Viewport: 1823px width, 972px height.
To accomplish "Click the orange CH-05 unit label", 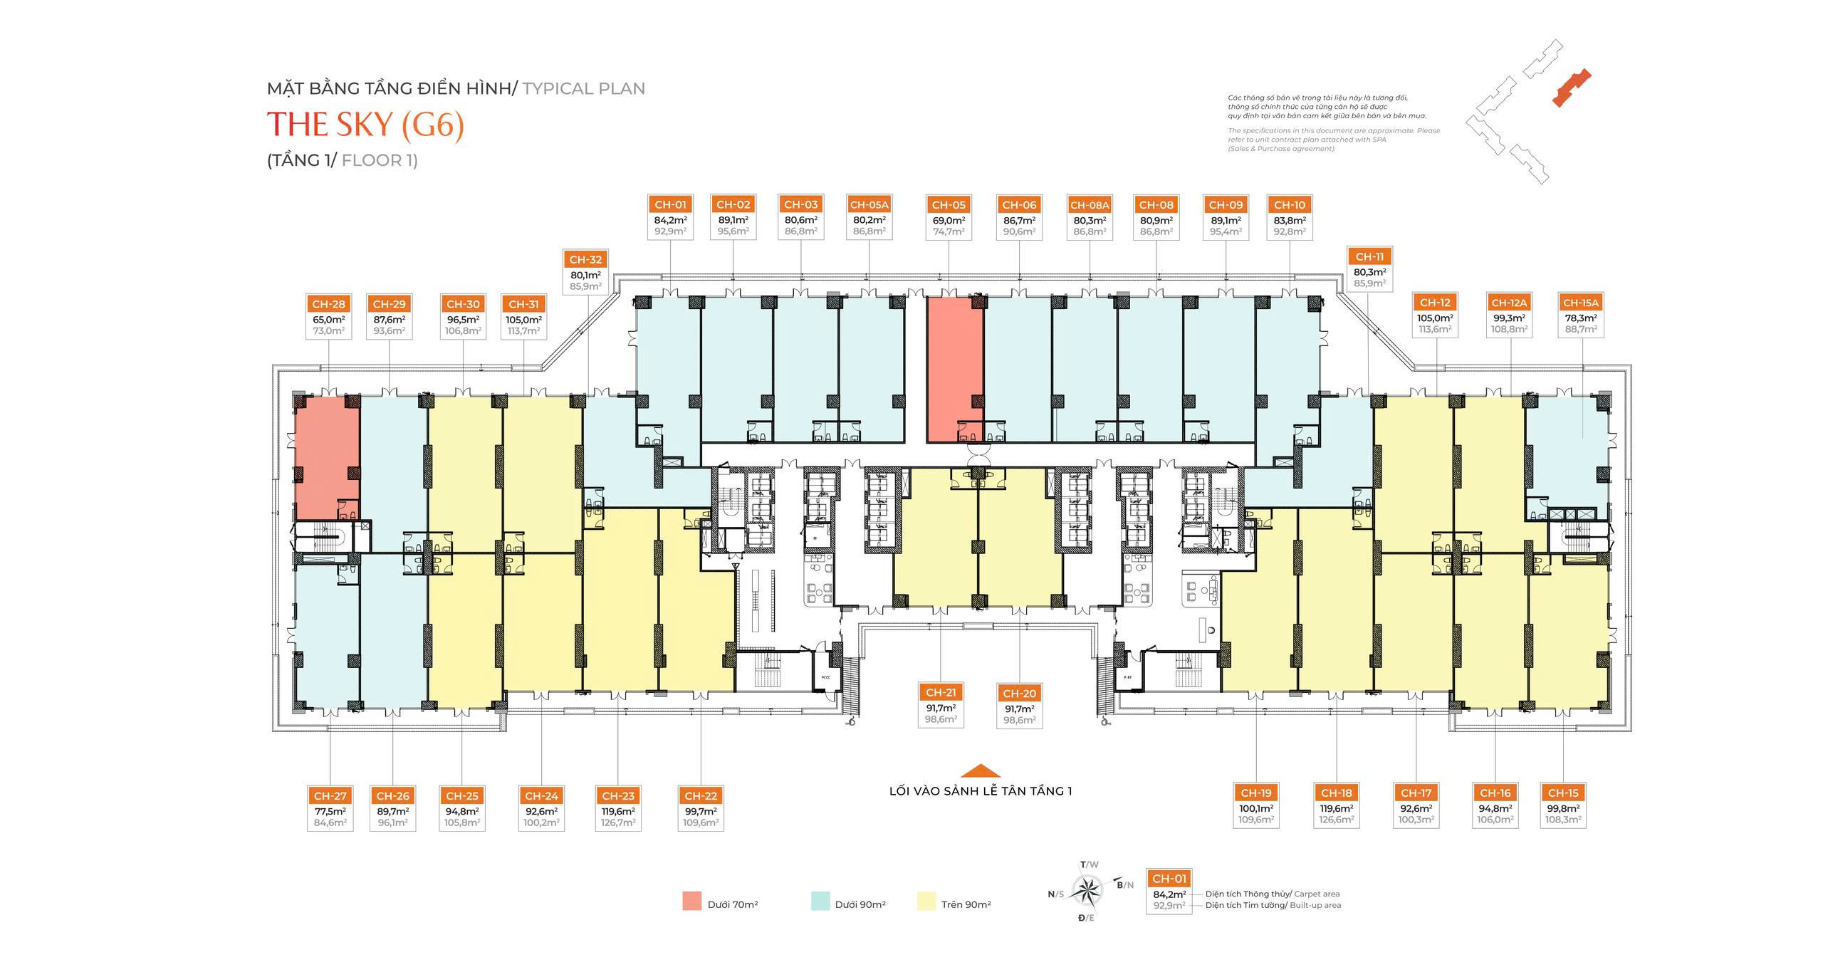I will click(x=949, y=205).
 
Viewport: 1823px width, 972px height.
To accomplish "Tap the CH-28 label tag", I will click(x=328, y=304).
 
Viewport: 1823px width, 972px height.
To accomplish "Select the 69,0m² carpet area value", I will click(x=949, y=221).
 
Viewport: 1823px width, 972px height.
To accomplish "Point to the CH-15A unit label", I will click(x=1581, y=303).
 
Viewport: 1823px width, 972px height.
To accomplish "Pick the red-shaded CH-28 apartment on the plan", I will click(x=327, y=456).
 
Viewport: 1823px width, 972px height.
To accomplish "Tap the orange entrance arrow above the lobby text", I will click(x=981, y=770).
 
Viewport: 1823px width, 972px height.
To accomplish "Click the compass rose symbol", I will click(x=1087, y=889).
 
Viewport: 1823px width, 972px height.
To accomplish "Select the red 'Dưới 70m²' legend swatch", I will click(x=691, y=901).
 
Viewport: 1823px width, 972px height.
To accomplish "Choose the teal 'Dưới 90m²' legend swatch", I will click(x=820, y=901).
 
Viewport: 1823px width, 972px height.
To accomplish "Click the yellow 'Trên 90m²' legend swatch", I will click(x=926, y=901).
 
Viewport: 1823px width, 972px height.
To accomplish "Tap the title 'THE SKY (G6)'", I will click(x=365, y=125).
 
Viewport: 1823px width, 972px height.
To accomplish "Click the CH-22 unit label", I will click(x=701, y=796).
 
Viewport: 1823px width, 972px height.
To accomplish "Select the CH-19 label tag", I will click(x=1255, y=793).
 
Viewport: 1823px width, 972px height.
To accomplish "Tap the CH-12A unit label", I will click(x=1508, y=303).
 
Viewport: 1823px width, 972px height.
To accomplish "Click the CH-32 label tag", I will click(x=585, y=260).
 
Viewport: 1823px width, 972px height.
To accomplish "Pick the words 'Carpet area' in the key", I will click(x=1317, y=894).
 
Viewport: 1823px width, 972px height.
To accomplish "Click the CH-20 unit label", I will click(x=1019, y=693).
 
